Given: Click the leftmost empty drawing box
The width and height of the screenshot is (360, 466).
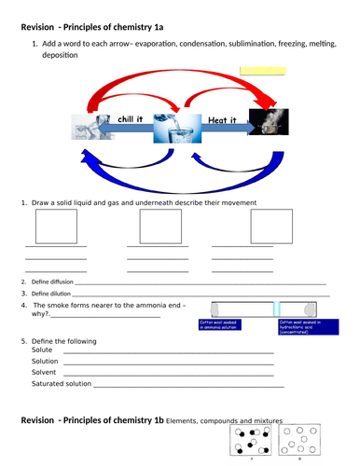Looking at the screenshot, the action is point(55,226).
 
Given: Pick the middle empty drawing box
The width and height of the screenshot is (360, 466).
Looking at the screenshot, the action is point(160,226).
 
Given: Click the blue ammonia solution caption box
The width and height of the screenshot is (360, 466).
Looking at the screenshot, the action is point(229,327).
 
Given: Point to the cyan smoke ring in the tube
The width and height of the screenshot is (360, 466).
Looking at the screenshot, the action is point(276,308).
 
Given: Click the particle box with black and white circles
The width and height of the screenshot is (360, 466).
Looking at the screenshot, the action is point(252,444).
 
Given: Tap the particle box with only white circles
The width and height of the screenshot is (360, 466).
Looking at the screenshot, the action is point(299,444).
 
